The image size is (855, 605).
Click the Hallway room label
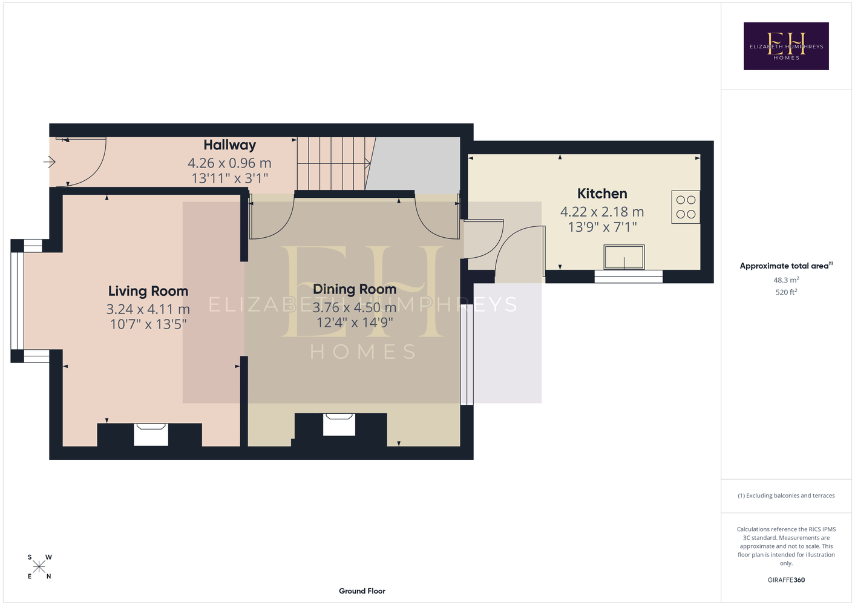click(x=229, y=145)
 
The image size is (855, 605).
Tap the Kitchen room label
click(x=602, y=194)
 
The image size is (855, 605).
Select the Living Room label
click(x=148, y=291)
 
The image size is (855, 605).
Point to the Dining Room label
click(x=355, y=289)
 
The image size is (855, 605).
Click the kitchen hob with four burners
click(x=686, y=207)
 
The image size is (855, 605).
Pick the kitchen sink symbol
click(x=624, y=257)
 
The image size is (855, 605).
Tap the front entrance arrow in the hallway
click(x=49, y=162)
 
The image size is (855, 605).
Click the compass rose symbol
click(x=39, y=566)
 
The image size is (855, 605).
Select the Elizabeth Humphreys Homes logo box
click(x=786, y=46)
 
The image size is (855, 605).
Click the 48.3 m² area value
click(x=786, y=280)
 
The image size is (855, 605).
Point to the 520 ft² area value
click(x=786, y=292)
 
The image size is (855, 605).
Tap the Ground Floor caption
click(x=362, y=591)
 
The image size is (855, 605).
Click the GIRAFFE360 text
click(x=786, y=580)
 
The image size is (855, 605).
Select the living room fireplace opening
click(x=151, y=434)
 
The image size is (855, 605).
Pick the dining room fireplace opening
click(x=339, y=425)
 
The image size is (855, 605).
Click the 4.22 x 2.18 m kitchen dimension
click(x=602, y=212)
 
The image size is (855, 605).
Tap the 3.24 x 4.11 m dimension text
click(x=148, y=309)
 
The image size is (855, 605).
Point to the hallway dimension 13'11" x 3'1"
click(x=229, y=178)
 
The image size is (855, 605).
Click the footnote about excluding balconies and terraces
click(x=786, y=495)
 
